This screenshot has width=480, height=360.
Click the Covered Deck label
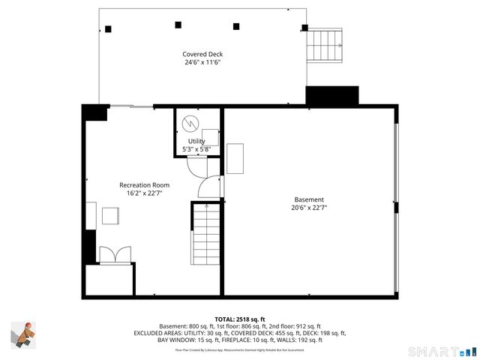coord(202,54)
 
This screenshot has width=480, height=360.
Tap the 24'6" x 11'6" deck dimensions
coord(202,62)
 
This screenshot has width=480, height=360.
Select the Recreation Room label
coord(144,185)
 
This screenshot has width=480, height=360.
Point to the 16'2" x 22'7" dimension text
coord(144,193)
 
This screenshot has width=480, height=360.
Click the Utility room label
coord(196,141)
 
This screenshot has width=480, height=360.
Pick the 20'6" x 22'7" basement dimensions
coord(309,208)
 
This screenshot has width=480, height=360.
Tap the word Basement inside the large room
coord(309,199)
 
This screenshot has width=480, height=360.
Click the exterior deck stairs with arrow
coord(325,46)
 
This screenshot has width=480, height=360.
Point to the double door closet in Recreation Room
coord(113,255)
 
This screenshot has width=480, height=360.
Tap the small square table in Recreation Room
coord(112,216)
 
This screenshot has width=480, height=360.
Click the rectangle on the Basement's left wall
coord(235,158)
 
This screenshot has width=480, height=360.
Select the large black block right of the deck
coord(332,96)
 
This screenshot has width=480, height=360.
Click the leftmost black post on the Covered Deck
coord(108,29)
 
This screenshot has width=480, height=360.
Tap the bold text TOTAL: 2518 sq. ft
coord(240,319)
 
